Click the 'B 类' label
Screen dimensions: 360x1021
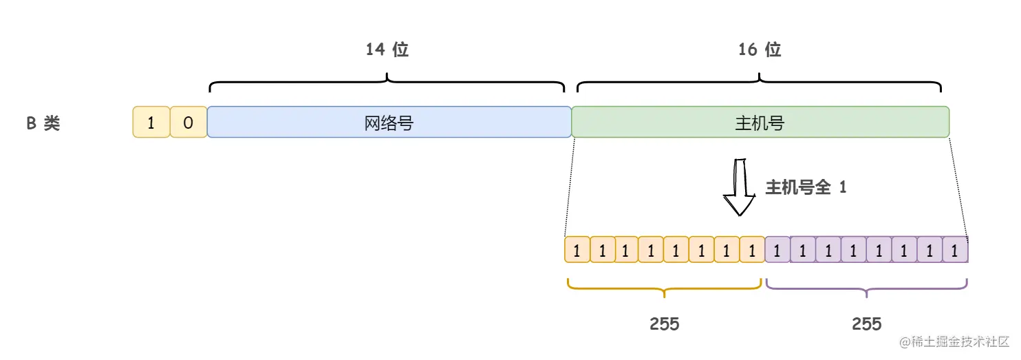click(x=43, y=123)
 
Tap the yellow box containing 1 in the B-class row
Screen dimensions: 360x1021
click(x=151, y=123)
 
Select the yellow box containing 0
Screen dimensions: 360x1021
click(x=189, y=123)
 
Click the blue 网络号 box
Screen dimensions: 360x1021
click(x=389, y=123)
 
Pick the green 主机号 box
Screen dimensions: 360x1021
click(x=760, y=123)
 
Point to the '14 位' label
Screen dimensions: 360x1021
click(x=387, y=50)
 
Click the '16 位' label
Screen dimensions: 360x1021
click(x=760, y=50)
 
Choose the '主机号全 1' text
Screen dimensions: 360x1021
click(x=806, y=187)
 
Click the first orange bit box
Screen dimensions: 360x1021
click(x=577, y=250)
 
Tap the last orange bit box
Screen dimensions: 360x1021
click(x=752, y=250)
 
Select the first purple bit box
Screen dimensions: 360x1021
click(x=777, y=250)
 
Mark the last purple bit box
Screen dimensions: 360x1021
click(x=954, y=250)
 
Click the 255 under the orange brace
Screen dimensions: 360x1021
click(x=665, y=324)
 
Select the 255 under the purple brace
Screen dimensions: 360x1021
click(x=866, y=324)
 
